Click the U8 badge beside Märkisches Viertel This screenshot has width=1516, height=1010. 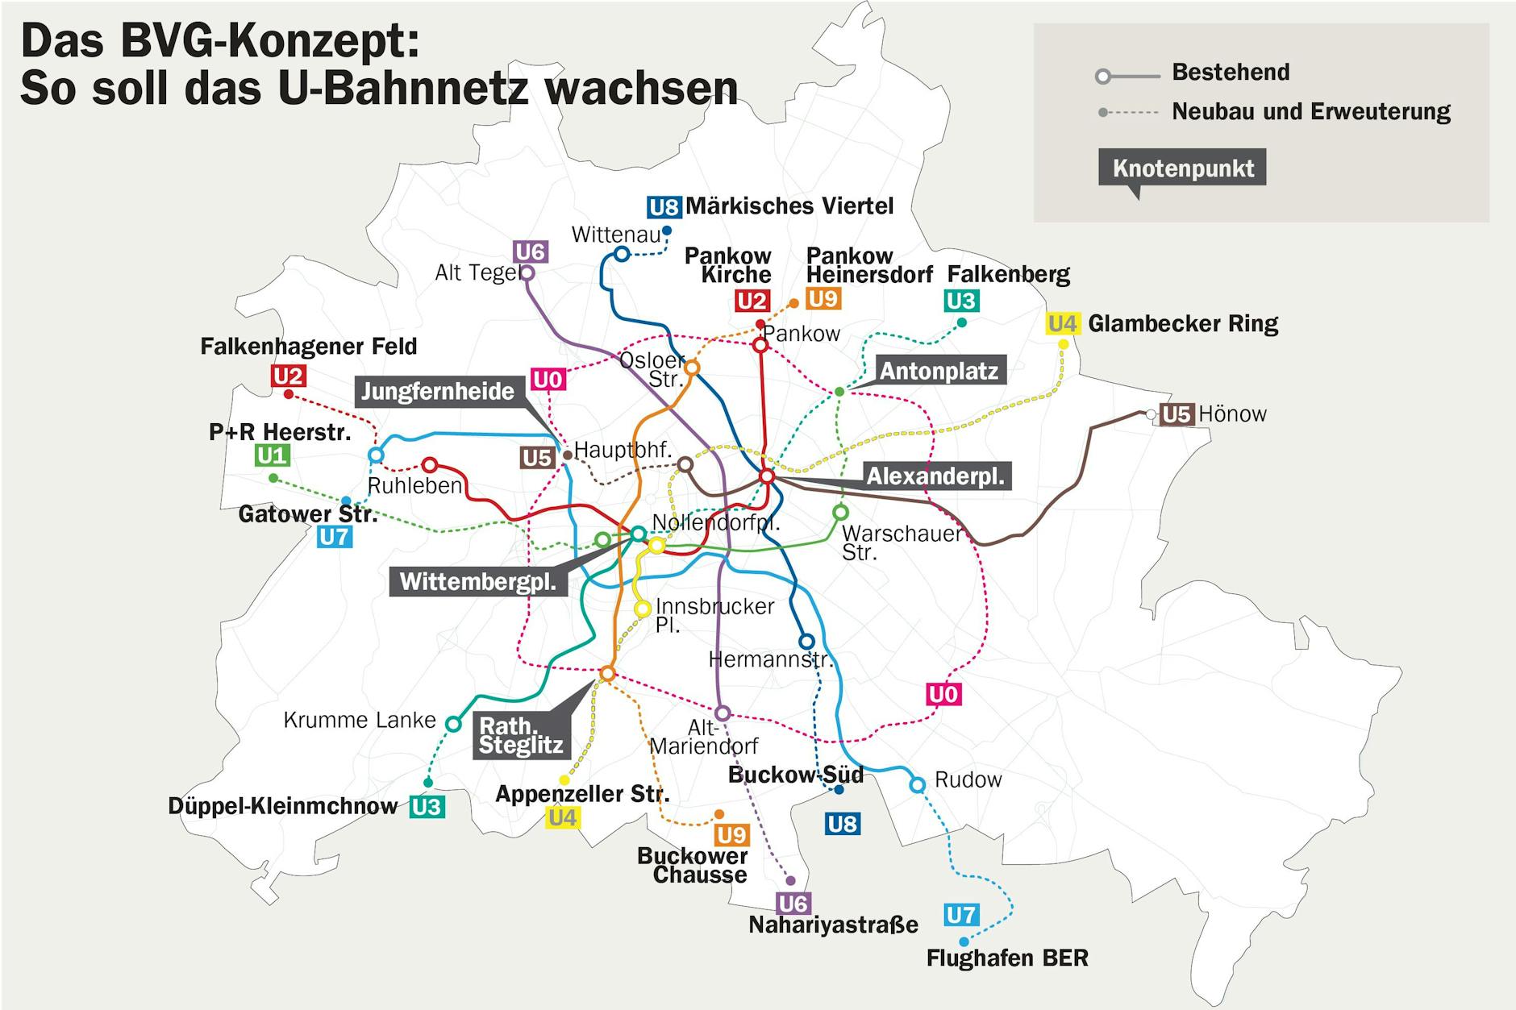[x=664, y=207]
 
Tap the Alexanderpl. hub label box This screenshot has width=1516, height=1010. [x=935, y=476]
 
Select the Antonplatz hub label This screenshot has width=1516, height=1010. [x=939, y=371]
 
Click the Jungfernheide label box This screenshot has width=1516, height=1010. [x=437, y=392]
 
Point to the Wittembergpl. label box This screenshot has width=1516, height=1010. [x=478, y=581]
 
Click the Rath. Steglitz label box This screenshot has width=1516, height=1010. [x=520, y=735]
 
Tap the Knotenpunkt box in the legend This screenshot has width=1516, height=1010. [x=1182, y=168]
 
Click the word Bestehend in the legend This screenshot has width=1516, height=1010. [x=1231, y=73]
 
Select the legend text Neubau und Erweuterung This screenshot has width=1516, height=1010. [x=1310, y=111]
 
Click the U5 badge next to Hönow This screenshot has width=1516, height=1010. [x=1176, y=414]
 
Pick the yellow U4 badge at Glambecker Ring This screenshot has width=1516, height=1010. [x=1062, y=324]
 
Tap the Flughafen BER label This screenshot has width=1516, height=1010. [x=1007, y=958]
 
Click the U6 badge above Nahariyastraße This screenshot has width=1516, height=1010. [x=793, y=904]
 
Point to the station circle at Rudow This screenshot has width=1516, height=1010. [x=917, y=784]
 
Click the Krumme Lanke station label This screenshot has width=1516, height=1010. [x=360, y=720]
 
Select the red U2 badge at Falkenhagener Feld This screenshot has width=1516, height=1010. [x=288, y=376]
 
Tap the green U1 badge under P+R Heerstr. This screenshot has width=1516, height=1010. [x=272, y=456]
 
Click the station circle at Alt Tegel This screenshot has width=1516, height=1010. [x=527, y=272]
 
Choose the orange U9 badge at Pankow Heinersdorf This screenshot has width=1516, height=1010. [x=823, y=299]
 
